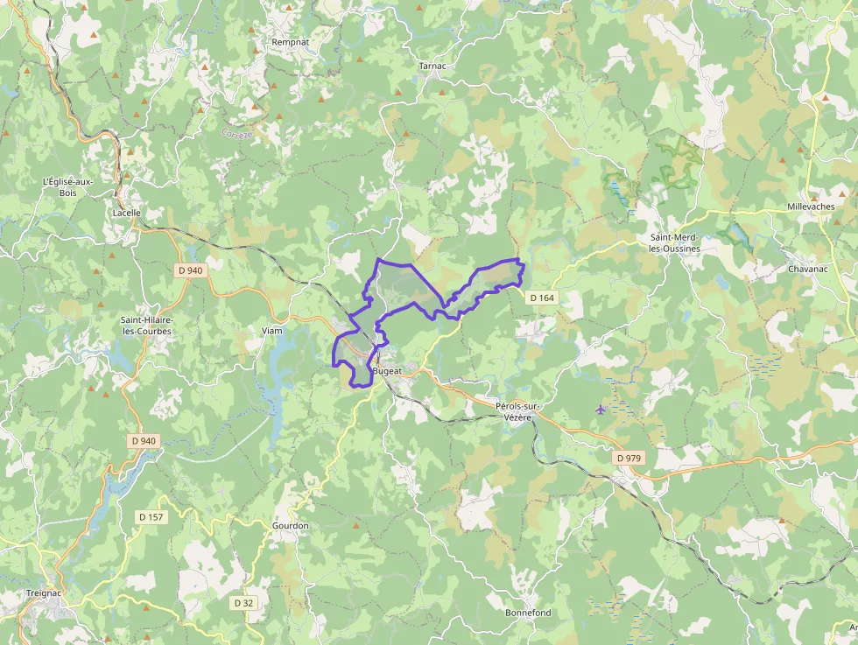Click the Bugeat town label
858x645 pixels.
click(x=387, y=371)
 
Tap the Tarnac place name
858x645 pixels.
click(x=433, y=66)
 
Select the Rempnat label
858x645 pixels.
click(x=290, y=41)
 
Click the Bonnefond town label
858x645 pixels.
click(x=528, y=613)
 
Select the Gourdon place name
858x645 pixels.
click(x=291, y=525)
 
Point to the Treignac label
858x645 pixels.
click(x=42, y=592)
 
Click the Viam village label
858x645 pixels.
click(x=271, y=331)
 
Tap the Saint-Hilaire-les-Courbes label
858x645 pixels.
click(x=147, y=326)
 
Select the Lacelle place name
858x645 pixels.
click(x=127, y=213)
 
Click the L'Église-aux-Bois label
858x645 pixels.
click(x=68, y=186)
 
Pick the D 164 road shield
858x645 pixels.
click(x=542, y=298)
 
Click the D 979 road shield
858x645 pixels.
click(x=629, y=458)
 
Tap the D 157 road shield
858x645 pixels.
click(x=151, y=517)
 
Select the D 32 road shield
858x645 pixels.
click(x=243, y=603)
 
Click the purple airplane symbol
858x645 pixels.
click(x=601, y=409)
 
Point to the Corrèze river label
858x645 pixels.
click(x=237, y=135)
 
